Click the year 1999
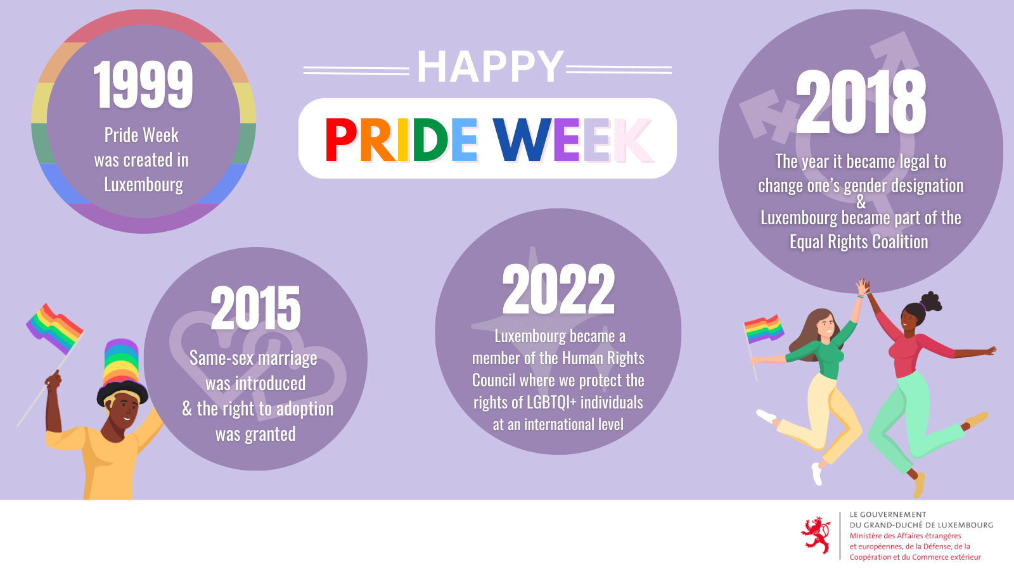click(143, 84)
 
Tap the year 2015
click(255, 308)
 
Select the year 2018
click(861, 102)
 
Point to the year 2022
click(558, 289)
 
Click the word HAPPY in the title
click(491, 66)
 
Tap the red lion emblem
click(816, 535)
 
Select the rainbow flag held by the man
click(55, 329)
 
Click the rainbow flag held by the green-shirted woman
click(763, 329)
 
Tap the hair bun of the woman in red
click(931, 301)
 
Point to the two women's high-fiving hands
click(863, 288)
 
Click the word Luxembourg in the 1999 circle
click(143, 184)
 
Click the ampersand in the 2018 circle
click(861, 202)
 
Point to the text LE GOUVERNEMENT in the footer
click(888, 514)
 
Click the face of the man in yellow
click(123, 408)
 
